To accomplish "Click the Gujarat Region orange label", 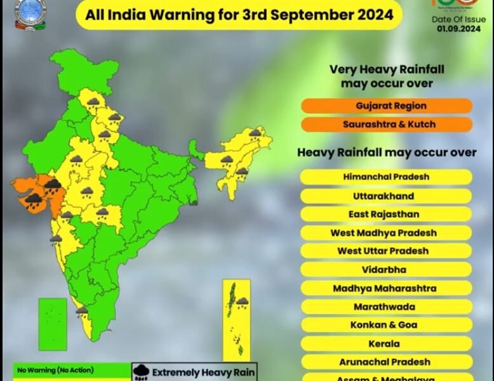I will coord(386,105).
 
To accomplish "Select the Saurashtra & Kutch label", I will coord(386,124).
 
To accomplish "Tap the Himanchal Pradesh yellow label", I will coord(386,177).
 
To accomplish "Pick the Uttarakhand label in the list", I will coord(386,196).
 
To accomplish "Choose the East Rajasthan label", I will coord(386,214).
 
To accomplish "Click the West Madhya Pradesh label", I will coord(386,232).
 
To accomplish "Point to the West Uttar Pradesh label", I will coord(386,251).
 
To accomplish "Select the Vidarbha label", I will coord(386,269).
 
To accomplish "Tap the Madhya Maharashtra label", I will coord(386,288).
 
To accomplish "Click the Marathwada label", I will coord(386,307).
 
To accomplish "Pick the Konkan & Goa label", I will coord(386,325).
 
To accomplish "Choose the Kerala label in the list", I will coord(386,344).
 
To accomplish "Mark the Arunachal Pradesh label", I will coord(386,362).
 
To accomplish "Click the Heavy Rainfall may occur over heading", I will coord(387,152).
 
